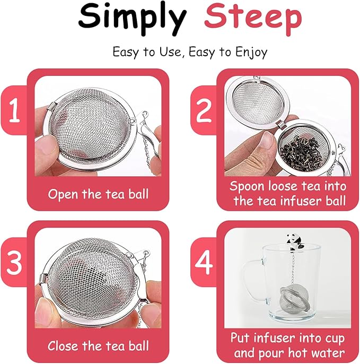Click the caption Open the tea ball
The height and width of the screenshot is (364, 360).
click(x=98, y=194)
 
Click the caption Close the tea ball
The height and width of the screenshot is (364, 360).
click(x=98, y=346)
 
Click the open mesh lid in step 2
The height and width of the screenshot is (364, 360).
click(x=254, y=103)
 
